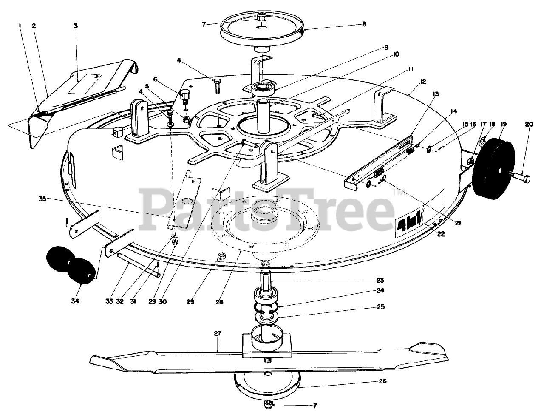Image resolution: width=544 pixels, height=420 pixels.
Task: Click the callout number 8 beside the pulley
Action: (363, 24)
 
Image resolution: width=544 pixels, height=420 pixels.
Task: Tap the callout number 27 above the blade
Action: (218, 334)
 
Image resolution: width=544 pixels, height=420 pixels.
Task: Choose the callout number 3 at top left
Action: (75, 26)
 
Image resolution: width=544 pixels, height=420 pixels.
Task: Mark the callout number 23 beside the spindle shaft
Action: (380, 280)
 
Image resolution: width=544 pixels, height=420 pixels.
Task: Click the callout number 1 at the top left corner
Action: (20, 26)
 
